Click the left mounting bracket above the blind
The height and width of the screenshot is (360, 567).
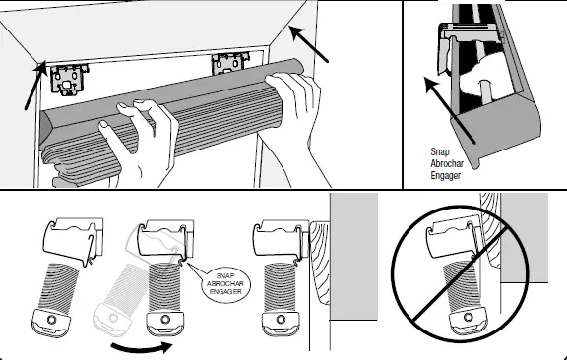coord(72,77)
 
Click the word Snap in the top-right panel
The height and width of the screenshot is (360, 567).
coord(440,152)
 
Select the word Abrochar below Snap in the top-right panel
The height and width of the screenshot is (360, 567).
coord(450,163)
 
